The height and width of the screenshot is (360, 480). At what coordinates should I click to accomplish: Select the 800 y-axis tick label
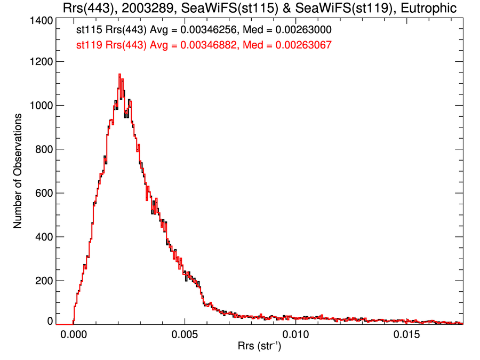coord(42,149)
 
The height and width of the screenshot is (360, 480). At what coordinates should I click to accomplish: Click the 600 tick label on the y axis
coord(42,193)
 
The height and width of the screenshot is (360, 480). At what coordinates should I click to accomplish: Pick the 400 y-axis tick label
coord(42,237)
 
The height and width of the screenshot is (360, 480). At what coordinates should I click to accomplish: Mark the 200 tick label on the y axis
coord(42,281)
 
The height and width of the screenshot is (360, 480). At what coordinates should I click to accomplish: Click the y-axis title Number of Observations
coord(18,171)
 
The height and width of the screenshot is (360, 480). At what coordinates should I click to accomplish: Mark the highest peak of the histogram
coord(119,74)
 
